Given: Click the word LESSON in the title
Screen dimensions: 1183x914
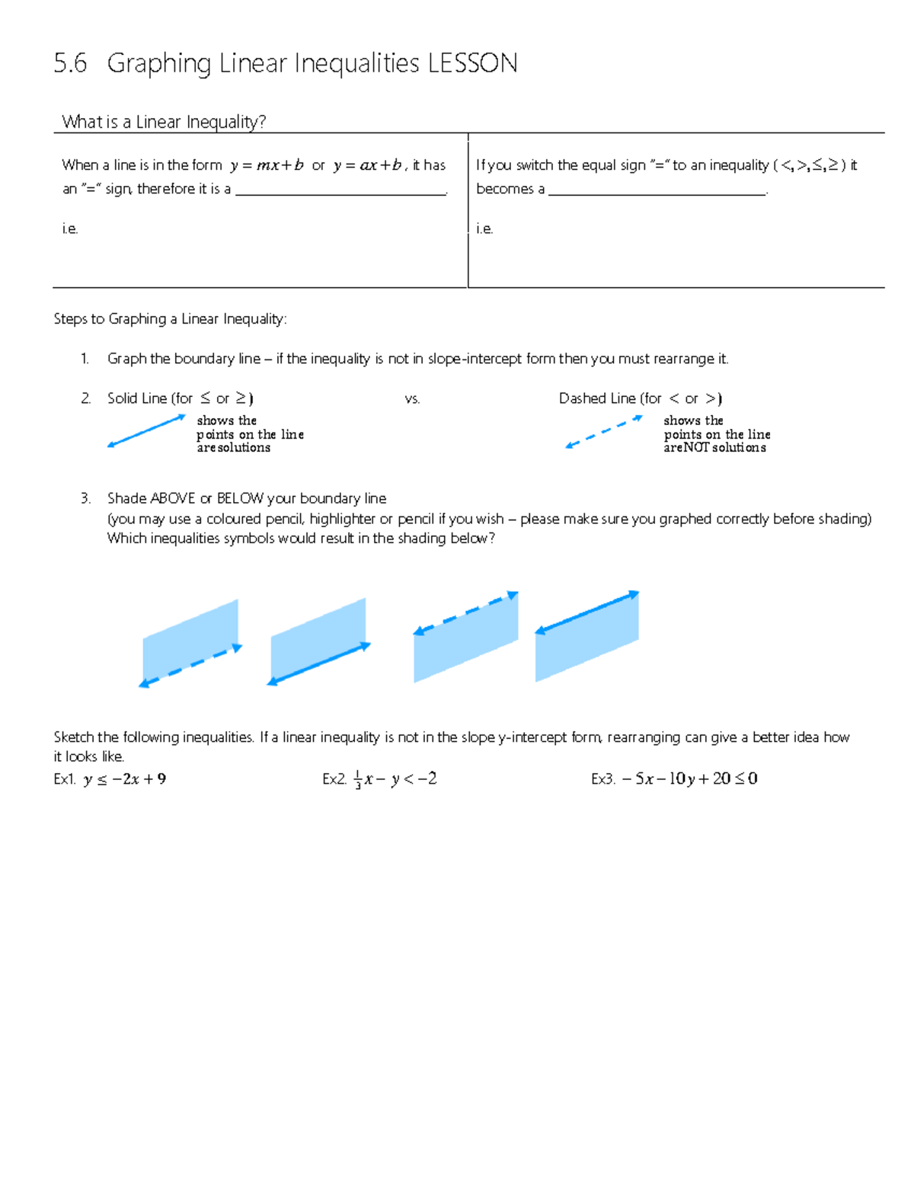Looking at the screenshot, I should pos(472,63).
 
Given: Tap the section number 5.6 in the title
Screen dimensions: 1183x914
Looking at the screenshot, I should pos(70,63).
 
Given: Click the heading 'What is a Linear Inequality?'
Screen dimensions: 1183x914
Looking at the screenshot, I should pos(163,122).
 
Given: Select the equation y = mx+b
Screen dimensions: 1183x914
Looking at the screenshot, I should pos(267,165).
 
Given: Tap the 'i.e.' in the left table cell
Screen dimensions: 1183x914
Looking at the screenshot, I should pos(70,229).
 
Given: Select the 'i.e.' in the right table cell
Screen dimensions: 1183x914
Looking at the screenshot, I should pos(484,229).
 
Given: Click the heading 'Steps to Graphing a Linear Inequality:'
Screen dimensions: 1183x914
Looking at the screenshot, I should pos(170,319).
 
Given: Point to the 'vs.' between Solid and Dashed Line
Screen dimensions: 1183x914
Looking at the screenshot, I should pos(412,399).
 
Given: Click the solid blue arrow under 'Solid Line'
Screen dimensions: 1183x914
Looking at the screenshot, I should pos(146,430).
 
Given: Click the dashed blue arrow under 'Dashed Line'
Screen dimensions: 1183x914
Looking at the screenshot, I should pos(603,432).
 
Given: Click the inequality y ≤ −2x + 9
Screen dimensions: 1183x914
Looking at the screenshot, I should pos(125,779).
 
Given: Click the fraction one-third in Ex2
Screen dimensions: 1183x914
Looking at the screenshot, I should pos(357,780).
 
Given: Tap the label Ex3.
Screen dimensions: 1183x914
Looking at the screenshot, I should pos(602,779).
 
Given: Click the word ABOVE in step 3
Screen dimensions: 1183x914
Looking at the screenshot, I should pos(173,499).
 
